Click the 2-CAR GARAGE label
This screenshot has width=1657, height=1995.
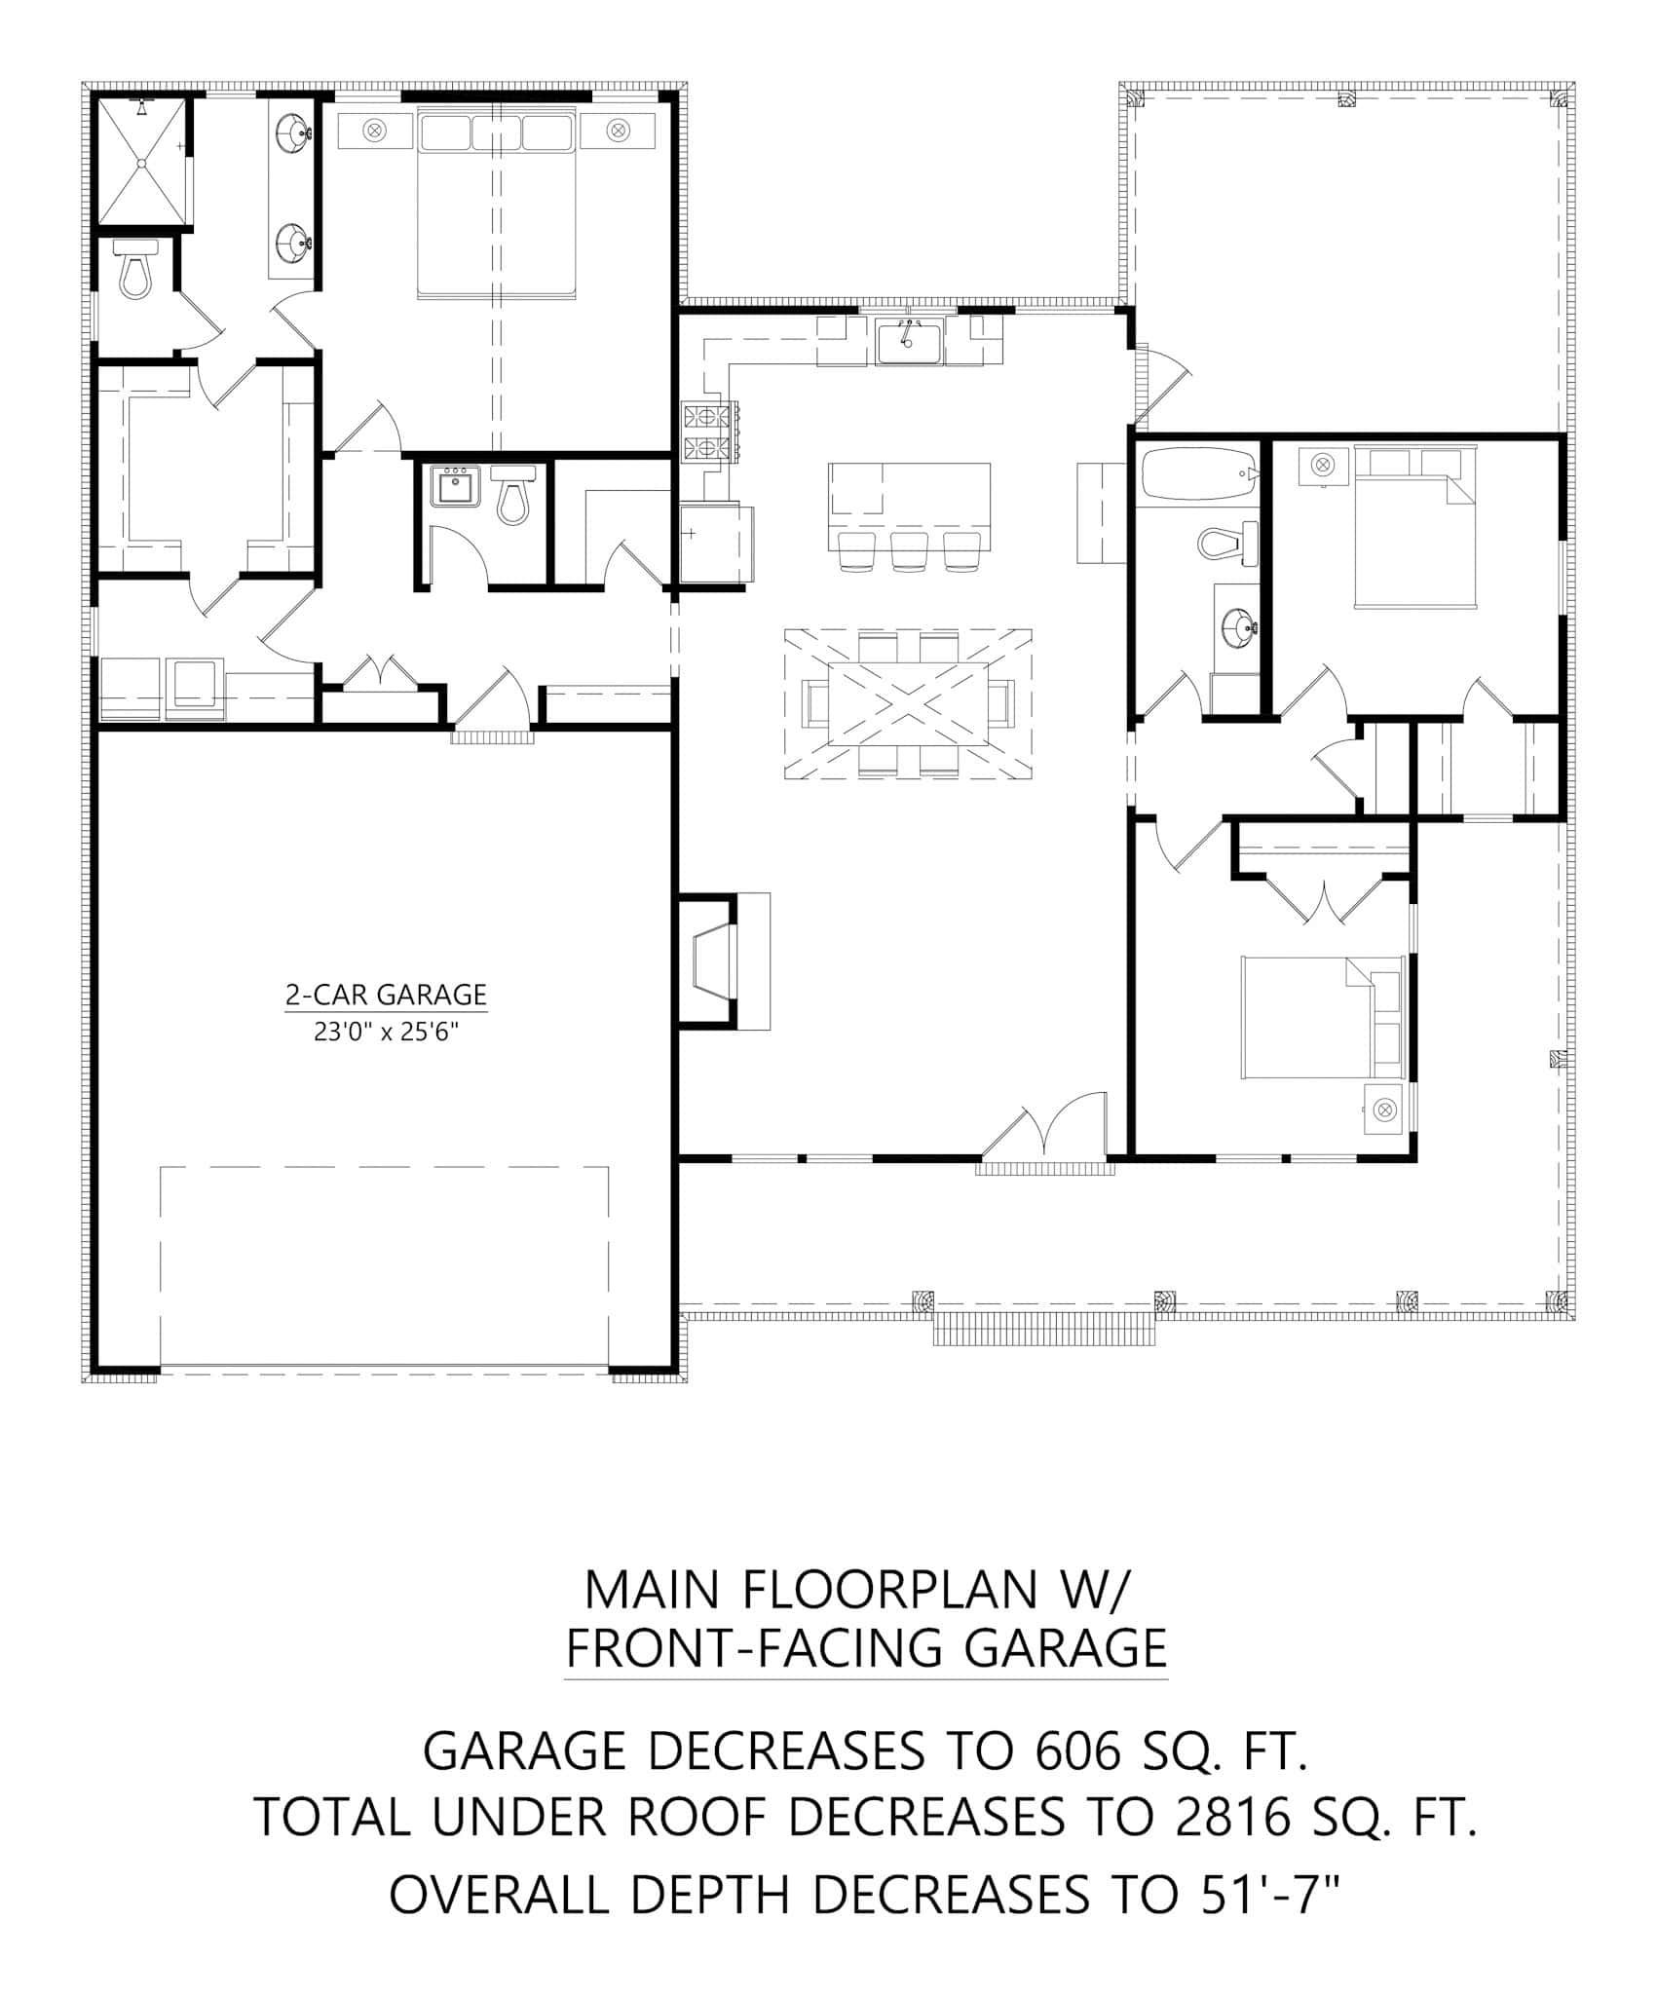coord(386,995)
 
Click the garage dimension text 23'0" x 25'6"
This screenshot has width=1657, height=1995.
coord(386,1032)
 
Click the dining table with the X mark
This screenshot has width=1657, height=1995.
coord(908,703)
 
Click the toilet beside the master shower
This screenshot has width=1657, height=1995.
coord(136,268)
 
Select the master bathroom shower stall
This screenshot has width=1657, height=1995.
coord(142,161)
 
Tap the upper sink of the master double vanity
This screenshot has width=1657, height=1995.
coord(293,132)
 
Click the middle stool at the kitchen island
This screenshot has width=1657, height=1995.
coord(908,551)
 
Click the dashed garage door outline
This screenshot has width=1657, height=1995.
coord(384,1266)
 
